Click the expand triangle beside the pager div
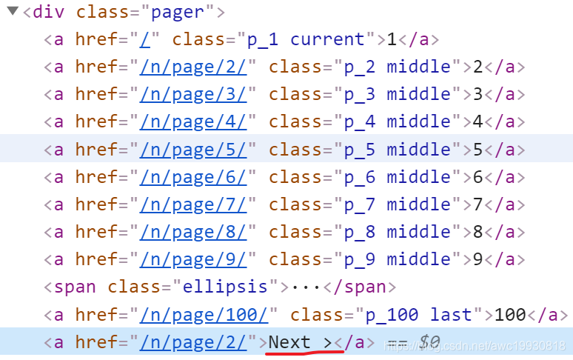(x=13, y=11)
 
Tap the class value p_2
(x=359, y=67)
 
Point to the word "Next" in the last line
(x=289, y=342)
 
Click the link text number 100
(x=510, y=315)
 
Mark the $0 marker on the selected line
(x=429, y=342)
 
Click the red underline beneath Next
(x=304, y=354)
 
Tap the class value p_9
(x=359, y=259)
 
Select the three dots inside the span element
(x=305, y=287)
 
